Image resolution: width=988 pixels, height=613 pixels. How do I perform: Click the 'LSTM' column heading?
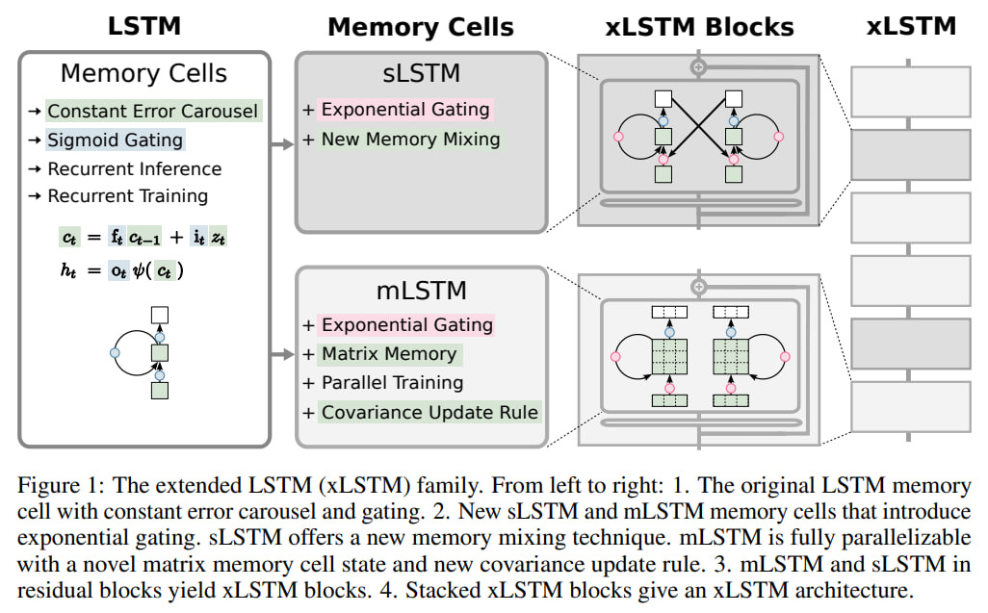click(143, 26)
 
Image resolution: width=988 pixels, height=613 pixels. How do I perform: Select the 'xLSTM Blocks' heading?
click(701, 26)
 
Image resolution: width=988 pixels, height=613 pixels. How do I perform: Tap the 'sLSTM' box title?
click(422, 72)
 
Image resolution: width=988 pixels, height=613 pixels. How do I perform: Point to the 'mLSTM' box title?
click(422, 289)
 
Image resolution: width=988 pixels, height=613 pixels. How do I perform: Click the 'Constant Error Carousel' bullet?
click(153, 111)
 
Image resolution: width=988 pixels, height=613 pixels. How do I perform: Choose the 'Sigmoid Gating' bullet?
click(115, 140)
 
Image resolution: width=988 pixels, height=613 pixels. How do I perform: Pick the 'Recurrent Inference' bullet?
click(135, 168)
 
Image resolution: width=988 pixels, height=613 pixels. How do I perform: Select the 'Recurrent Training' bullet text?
click(128, 195)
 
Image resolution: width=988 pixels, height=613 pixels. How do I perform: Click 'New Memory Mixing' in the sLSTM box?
click(410, 139)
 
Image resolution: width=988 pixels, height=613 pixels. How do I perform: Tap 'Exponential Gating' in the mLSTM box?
click(406, 324)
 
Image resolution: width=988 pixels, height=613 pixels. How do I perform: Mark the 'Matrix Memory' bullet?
click(388, 353)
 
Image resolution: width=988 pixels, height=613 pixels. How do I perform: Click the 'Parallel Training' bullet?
click(392, 382)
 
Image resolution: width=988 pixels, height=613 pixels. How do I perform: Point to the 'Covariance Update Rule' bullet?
click(429, 412)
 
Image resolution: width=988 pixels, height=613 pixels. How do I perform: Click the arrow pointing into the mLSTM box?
click(282, 354)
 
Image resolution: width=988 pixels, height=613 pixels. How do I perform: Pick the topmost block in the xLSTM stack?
click(910, 90)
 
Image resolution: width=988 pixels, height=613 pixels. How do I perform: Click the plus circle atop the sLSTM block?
click(700, 67)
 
